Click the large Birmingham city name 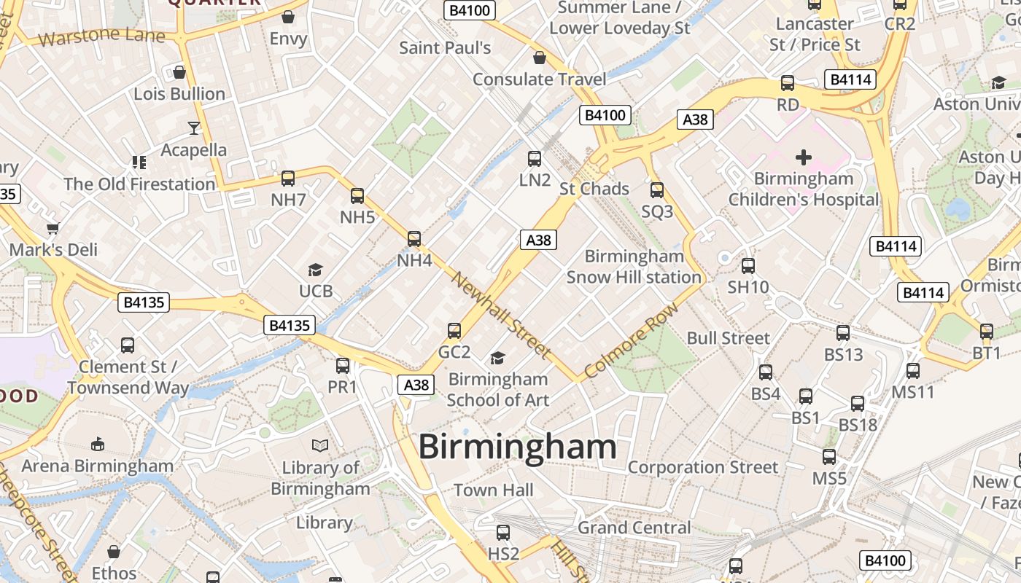pos(518,447)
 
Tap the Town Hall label pos(494,490)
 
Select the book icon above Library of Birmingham pos(320,445)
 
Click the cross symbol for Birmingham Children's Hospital pos(803,157)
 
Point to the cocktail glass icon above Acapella pos(193,128)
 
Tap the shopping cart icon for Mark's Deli pos(53,228)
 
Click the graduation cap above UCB pos(315,270)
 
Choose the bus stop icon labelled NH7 pos(288,178)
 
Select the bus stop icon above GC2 pos(454,331)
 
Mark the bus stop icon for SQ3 pos(657,190)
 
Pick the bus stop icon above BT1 pos(987,332)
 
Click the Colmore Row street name pos(632,340)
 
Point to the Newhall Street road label pos(500,314)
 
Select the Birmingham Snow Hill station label pos(634,267)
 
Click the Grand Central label pos(634,527)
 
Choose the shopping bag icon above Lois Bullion pos(179,72)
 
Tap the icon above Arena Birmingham pos(97,444)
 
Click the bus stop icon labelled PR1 pos(343,365)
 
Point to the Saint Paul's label pos(445,48)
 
